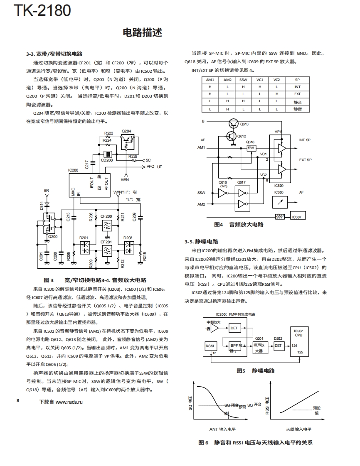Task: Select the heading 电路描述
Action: (142, 33)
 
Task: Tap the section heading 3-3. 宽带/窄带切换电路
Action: (54, 54)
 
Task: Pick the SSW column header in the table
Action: (243, 80)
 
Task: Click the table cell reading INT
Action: (297, 87)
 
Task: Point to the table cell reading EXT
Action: (297, 94)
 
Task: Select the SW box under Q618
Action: (251, 148)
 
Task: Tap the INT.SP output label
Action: (305, 140)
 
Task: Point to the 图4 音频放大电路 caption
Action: (239, 225)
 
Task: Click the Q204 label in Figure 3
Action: (126, 131)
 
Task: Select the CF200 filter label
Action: (106, 216)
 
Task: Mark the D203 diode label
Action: (128, 238)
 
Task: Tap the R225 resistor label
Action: (133, 156)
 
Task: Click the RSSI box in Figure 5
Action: (210, 346)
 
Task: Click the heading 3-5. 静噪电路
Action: (201, 242)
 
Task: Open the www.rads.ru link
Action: (69, 402)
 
